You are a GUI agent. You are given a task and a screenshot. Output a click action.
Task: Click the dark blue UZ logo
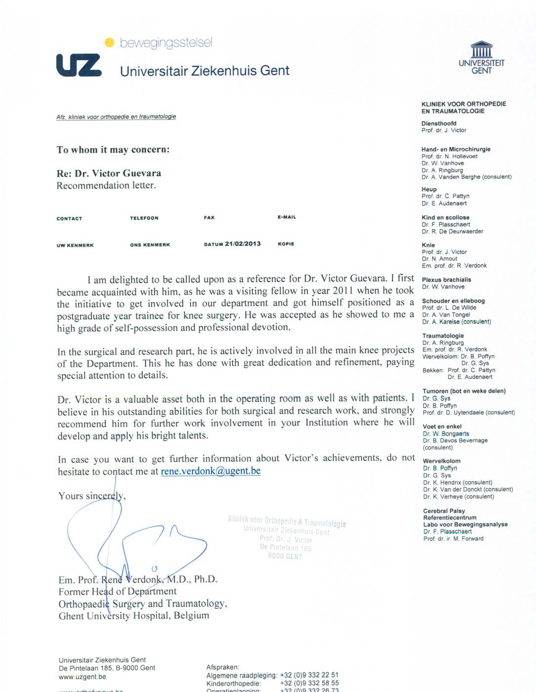pyautogui.click(x=79, y=65)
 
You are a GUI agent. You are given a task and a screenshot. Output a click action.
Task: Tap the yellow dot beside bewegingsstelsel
pyautogui.click(x=110, y=43)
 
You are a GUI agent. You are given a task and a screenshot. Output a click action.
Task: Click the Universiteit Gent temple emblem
pyautogui.click(x=482, y=50)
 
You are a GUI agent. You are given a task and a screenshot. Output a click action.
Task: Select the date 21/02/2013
pyautogui.click(x=243, y=244)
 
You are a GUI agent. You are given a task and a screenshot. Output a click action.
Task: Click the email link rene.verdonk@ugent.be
pyautogui.click(x=210, y=471)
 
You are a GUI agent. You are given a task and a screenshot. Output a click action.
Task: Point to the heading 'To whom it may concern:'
pyautogui.click(x=113, y=150)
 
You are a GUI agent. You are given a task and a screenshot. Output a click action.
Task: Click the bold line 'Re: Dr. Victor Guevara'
pyautogui.click(x=109, y=173)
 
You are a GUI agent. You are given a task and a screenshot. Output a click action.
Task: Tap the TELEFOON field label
pyautogui.click(x=144, y=218)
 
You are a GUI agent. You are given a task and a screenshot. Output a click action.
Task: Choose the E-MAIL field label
pyautogui.click(x=287, y=217)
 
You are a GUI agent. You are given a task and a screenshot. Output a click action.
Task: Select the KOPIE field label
pyautogui.click(x=286, y=244)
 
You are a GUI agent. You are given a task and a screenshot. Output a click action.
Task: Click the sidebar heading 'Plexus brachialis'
pyautogui.click(x=446, y=280)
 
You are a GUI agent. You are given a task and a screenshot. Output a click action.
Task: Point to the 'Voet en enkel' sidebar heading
pyautogui.click(x=442, y=427)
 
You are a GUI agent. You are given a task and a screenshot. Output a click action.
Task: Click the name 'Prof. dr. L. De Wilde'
pyautogui.click(x=449, y=307)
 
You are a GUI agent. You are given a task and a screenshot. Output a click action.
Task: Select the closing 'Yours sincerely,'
pyautogui.click(x=92, y=496)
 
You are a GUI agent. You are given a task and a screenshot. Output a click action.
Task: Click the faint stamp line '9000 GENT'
pyautogui.click(x=285, y=556)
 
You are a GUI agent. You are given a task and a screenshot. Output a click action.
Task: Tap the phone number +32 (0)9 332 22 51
pyautogui.click(x=309, y=675)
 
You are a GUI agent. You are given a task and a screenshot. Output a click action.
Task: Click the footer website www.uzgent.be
pyautogui.click(x=82, y=677)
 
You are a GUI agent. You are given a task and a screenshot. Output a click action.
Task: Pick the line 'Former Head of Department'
pyautogui.click(x=118, y=592)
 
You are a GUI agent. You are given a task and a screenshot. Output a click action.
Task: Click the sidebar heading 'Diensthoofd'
pyautogui.click(x=439, y=124)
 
